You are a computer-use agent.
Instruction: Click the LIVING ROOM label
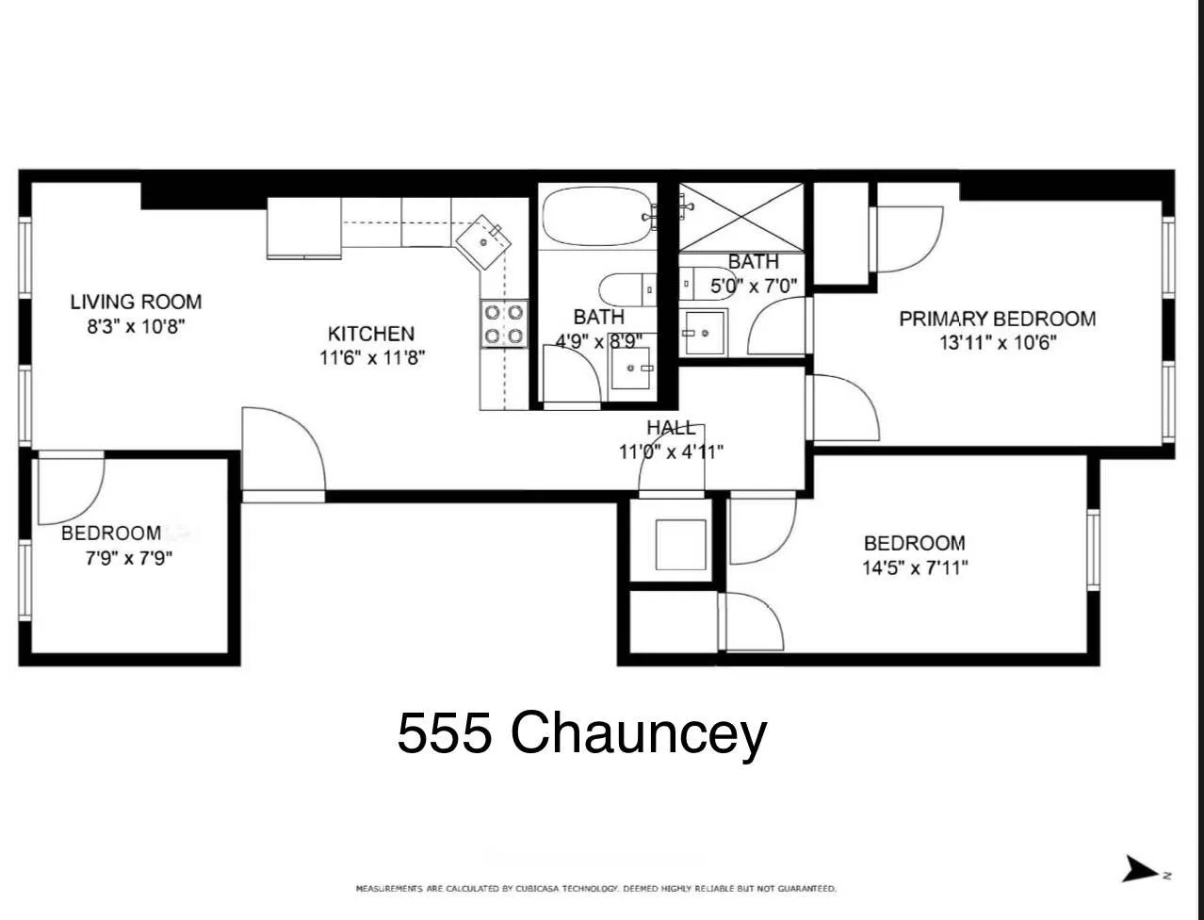136,302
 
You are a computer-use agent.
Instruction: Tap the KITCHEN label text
370,334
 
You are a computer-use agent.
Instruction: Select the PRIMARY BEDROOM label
997,319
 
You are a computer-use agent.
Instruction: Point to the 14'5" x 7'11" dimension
915,567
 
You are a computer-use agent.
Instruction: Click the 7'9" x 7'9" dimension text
129,558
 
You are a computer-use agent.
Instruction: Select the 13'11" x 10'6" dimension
997,343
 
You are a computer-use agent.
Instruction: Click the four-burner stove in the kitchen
504,323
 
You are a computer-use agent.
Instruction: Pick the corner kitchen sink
485,238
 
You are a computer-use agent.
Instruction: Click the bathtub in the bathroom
597,216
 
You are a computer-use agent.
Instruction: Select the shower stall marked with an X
741,217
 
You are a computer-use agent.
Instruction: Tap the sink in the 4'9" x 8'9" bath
631,367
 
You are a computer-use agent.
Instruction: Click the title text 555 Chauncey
581,732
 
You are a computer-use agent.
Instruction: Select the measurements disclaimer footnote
595,888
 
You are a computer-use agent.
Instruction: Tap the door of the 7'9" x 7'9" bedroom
72,488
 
